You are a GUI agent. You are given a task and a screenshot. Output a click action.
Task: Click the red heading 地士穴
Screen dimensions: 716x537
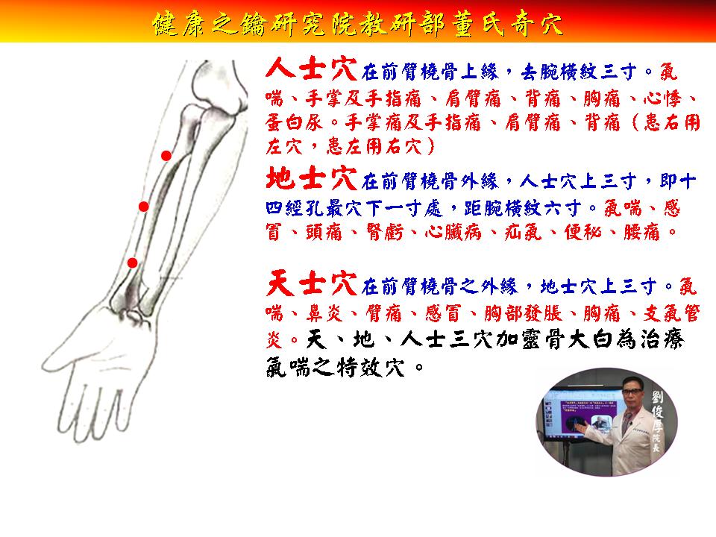(x=312, y=178)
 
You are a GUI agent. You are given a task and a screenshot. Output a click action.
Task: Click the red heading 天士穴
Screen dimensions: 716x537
(x=312, y=283)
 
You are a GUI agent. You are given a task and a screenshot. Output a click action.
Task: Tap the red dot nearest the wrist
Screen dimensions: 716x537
(x=133, y=263)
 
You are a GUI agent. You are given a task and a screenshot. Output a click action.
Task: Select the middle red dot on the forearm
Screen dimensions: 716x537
(x=144, y=207)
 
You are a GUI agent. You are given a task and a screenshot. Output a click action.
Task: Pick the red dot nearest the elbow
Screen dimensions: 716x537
(x=166, y=156)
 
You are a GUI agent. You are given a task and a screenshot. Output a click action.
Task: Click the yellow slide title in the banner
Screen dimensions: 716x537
(x=357, y=24)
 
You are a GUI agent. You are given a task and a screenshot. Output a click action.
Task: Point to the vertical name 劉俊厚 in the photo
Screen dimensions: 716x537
(x=656, y=412)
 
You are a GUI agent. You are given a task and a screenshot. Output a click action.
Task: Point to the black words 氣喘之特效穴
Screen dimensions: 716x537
(x=335, y=367)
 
